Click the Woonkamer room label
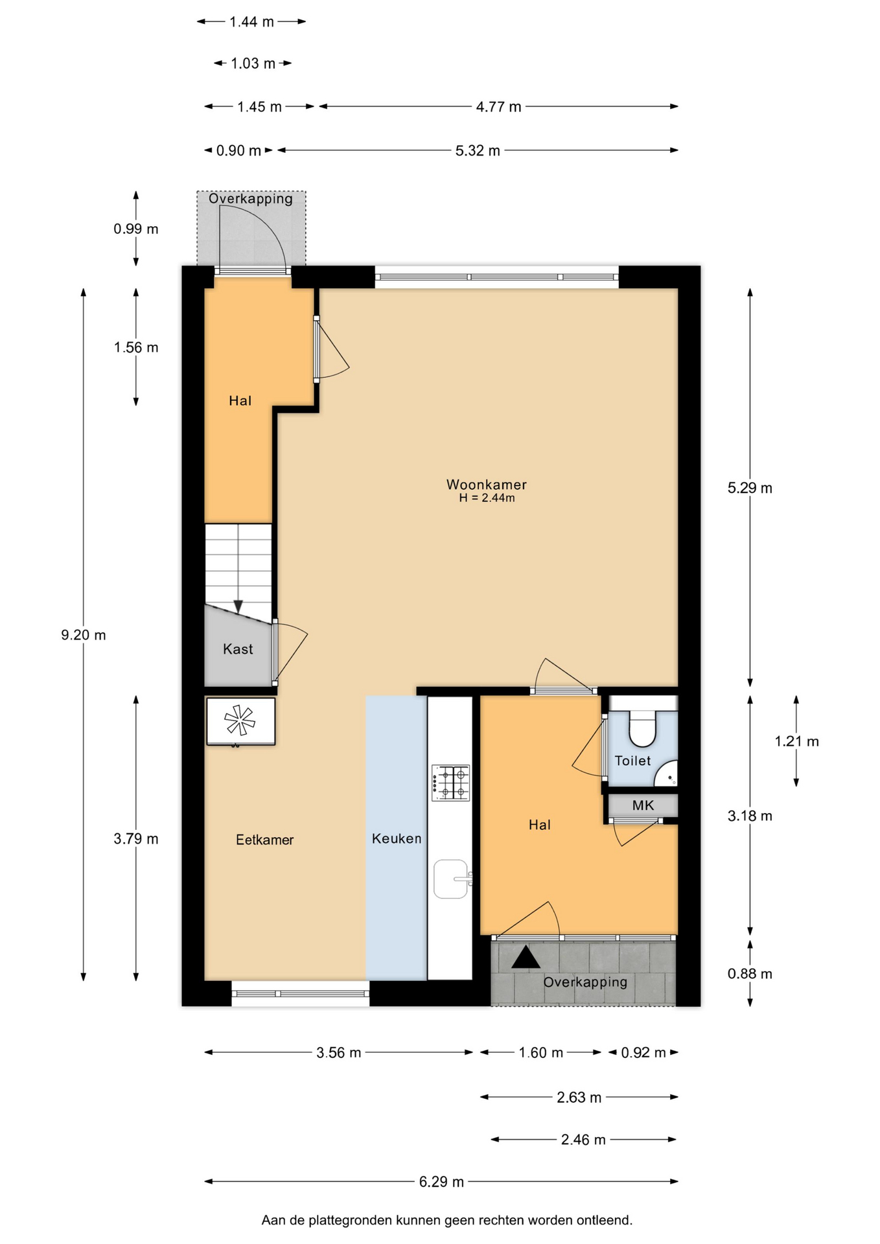486,485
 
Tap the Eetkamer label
264,840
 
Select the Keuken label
397,838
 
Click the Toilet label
632,761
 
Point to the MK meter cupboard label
643,805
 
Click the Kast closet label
238,649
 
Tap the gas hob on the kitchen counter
451,783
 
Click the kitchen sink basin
450,879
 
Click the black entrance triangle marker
526,958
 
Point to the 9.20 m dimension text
84,635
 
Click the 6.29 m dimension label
441,1182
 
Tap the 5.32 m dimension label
478,151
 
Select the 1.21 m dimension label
796,741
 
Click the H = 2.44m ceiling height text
487,498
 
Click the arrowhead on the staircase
238,606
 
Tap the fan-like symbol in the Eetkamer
240,720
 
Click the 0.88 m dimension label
750,974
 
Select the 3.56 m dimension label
338,1053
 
